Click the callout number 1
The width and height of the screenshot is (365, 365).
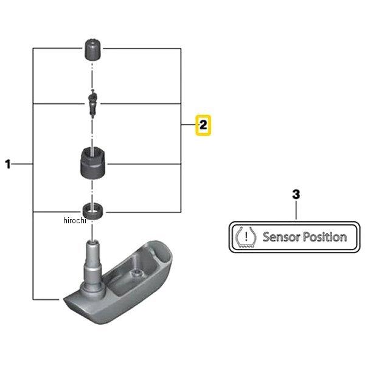[x=9, y=164]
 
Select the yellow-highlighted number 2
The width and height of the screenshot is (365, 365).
[x=202, y=126]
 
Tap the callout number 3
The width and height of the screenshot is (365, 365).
[x=296, y=195]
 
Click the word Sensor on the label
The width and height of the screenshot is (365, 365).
[x=282, y=237]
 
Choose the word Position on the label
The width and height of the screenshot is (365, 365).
[x=325, y=237]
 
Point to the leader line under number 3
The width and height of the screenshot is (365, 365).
[x=296, y=210]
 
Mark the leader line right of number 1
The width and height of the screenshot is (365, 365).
[x=24, y=164]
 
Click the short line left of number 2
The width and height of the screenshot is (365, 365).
[x=188, y=126]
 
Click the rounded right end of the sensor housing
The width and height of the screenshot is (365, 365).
[x=168, y=255]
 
